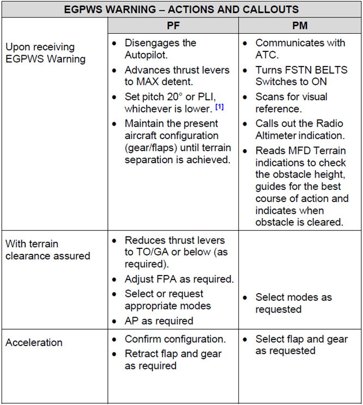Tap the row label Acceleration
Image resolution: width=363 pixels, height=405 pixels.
(34, 343)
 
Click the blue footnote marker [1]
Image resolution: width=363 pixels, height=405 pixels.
(219, 107)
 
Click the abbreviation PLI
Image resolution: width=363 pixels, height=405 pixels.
(215, 97)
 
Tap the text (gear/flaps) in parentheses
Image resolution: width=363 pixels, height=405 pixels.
(152, 147)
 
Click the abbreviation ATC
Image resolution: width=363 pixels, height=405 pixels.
(267, 55)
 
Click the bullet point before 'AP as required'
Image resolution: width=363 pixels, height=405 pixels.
(114, 321)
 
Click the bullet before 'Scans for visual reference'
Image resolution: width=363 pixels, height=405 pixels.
(245, 97)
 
